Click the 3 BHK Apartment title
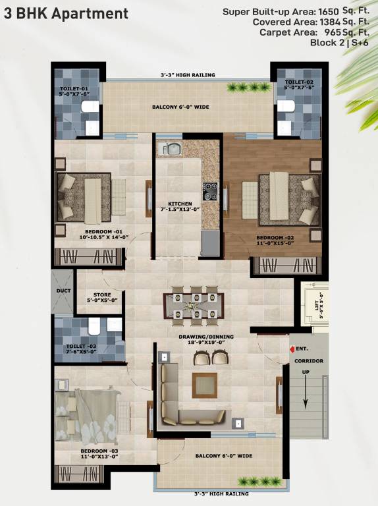coord(65,13)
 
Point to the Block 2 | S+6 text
coord(337,42)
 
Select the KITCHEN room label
coord(180,204)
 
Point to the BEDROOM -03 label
coord(95,451)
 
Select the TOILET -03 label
coord(81,347)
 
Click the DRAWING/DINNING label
coord(206,337)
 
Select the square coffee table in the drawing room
coord(204,385)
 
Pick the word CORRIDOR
coord(309,362)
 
